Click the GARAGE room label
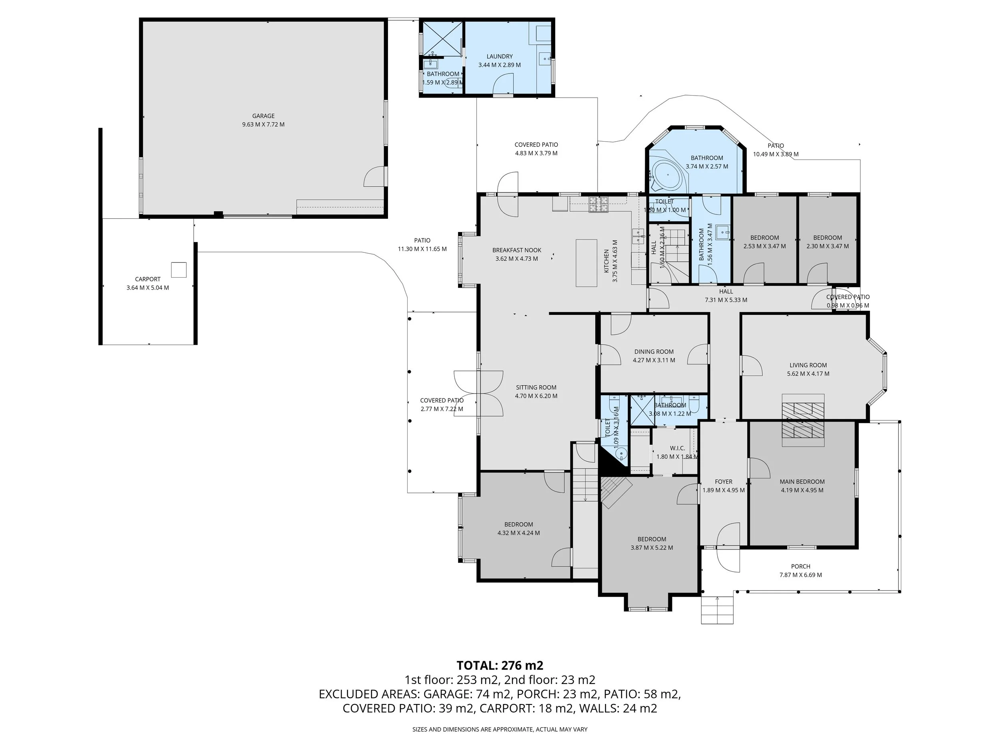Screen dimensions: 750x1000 (x=263, y=116)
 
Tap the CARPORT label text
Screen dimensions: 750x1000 (x=147, y=279)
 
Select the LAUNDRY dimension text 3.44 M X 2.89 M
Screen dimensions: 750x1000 (x=499, y=65)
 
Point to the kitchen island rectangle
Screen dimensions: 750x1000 (x=586, y=263)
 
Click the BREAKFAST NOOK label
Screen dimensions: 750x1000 (x=516, y=250)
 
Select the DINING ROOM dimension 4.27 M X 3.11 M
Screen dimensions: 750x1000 (x=654, y=360)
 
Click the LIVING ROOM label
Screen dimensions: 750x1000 (x=808, y=365)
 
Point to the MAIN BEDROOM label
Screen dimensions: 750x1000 (x=802, y=482)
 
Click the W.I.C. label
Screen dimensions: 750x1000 (x=677, y=448)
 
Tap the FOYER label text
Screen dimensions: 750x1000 (x=723, y=482)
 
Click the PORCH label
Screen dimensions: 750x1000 (x=800, y=566)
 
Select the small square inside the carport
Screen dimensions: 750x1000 (x=178, y=270)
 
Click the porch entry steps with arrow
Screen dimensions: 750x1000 (x=717, y=610)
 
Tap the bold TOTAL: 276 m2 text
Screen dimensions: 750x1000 (x=500, y=666)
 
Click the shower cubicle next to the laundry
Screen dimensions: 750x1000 (x=441, y=39)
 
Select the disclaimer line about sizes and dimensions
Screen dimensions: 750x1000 (x=500, y=729)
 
